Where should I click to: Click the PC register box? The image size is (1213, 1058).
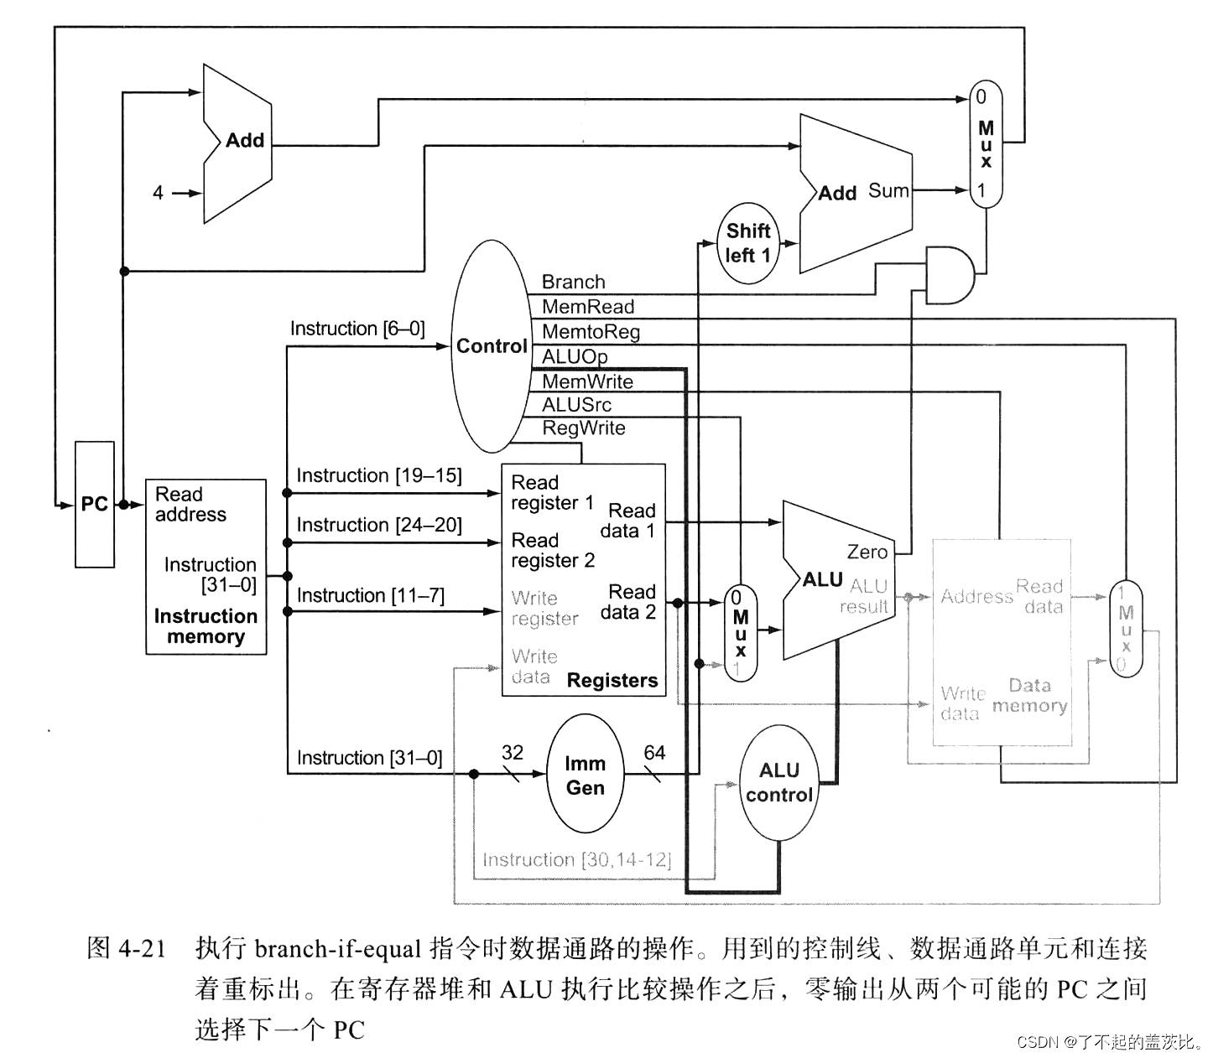(94, 505)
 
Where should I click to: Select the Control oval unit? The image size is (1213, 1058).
(491, 346)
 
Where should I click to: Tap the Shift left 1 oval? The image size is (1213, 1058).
(747, 243)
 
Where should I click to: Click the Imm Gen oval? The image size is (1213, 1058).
(585, 775)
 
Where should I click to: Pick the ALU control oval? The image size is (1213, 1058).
(778, 782)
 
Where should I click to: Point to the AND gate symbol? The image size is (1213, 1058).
(949, 275)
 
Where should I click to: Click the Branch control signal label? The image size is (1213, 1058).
(573, 282)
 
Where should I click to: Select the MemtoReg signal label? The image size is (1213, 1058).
(591, 332)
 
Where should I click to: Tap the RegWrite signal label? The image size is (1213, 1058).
(583, 428)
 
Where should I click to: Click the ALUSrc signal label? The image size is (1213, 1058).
(576, 405)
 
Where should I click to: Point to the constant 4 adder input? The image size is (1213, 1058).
(158, 193)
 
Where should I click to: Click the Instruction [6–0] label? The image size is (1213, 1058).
(357, 329)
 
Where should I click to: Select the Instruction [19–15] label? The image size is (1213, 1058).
(378, 476)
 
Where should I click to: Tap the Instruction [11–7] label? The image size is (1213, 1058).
(370, 595)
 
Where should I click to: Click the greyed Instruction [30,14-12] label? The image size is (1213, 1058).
(576, 860)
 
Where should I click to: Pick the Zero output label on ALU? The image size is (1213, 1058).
(867, 552)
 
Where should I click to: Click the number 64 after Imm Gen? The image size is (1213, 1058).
(654, 753)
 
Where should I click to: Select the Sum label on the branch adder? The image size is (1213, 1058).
(888, 191)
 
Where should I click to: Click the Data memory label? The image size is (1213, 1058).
(1029, 696)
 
